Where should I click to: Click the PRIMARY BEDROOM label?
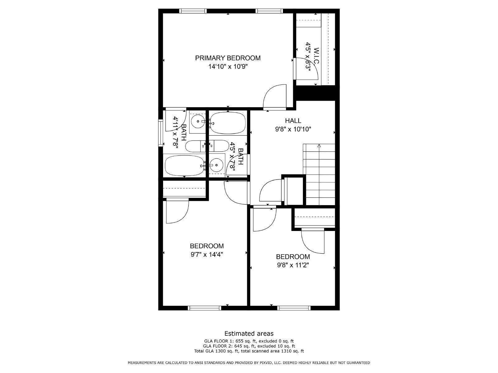click(228, 58)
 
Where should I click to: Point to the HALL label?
click(293, 121)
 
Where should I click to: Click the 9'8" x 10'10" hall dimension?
click(293, 129)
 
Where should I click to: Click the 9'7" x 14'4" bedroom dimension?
click(207, 255)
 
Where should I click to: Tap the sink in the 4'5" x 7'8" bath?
click(216, 165)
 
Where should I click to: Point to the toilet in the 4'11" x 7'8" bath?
click(195, 146)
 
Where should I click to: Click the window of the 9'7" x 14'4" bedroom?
click(204, 308)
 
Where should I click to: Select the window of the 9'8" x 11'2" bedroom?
click(294, 308)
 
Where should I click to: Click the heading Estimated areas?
click(249, 334)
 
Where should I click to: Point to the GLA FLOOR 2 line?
click(249, 346)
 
